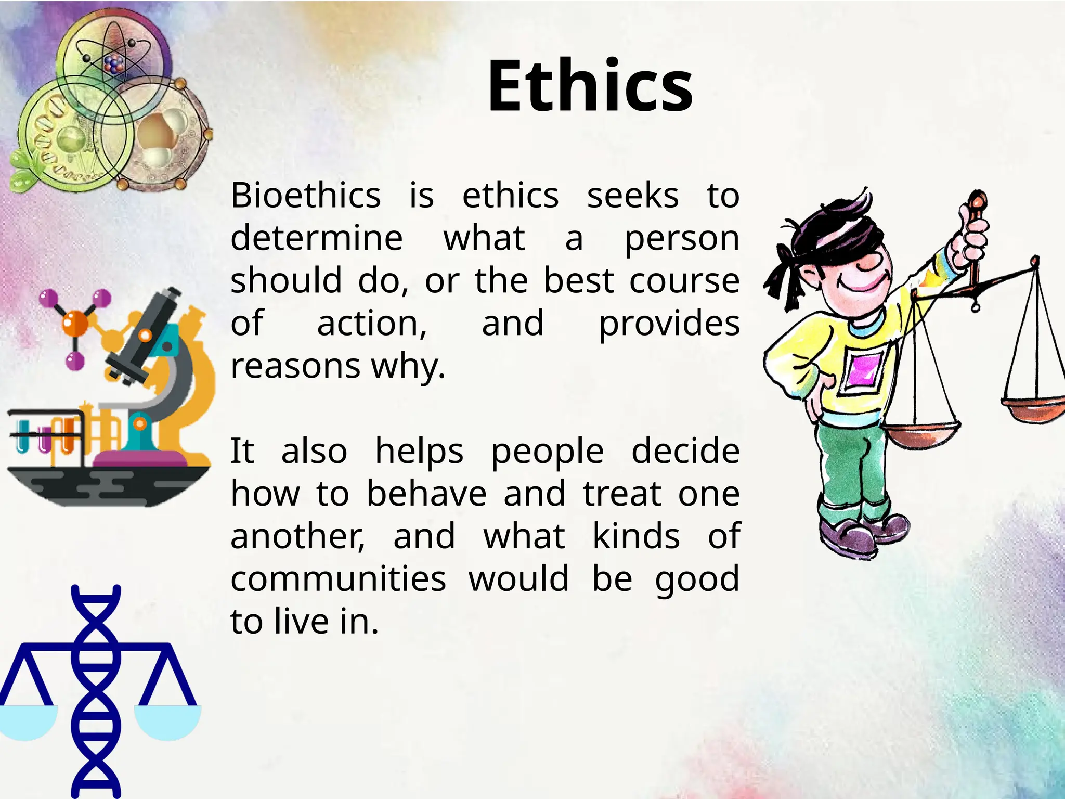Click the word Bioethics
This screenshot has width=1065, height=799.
point(306,196)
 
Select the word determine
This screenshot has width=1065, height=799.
point(316,239)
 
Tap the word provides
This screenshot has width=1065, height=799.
point(669,324)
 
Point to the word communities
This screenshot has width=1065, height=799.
point(338,579)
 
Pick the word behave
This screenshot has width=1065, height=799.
point(426,494)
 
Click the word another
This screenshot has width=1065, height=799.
point(297,536)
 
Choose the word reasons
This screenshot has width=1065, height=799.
point(295,366)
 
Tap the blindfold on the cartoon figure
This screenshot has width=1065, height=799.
point(827,244)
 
